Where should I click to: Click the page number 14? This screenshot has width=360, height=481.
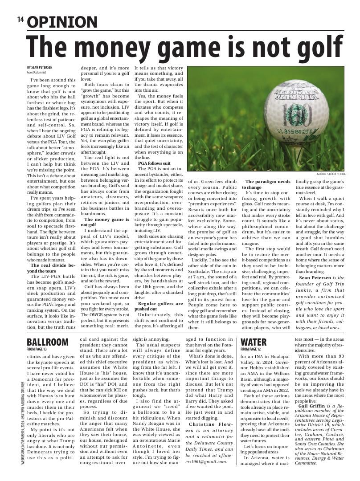coord(20,20)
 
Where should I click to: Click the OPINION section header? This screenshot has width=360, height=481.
coord(62,22)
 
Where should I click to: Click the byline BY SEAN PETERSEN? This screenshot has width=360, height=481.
coord(40,67)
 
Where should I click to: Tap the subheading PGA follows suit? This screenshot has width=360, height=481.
coord(154,163)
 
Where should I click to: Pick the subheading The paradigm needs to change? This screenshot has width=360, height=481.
coord(266,184)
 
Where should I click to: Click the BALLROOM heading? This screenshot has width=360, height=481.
coord(48,342)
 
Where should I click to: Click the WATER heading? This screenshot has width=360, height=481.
coord(254,342)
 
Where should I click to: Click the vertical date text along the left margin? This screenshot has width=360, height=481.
coord(22,423)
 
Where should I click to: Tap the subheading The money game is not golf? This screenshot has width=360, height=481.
coord(105,222)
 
